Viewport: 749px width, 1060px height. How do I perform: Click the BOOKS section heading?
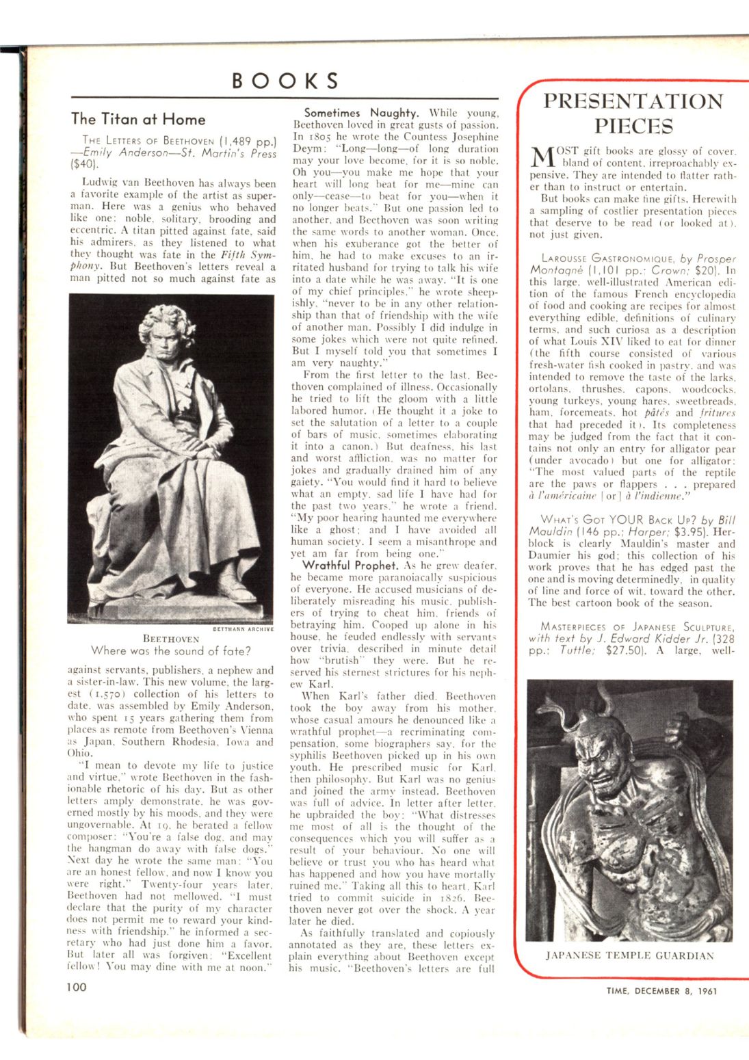pyautogui.click(x=285, y=81)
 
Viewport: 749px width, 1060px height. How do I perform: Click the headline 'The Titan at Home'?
pyautogui.click(x=138, y=119)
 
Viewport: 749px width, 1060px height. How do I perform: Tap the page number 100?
pyautogui.click(x=77, y=986)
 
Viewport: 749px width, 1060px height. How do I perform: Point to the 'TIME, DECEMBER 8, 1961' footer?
pyautogui.click(x=661, y=991)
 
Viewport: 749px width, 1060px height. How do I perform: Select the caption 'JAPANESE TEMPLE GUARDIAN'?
pyautogui.click(x=629, y=955)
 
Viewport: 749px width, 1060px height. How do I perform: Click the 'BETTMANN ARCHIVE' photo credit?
pyautogui.click(x=244, y=629)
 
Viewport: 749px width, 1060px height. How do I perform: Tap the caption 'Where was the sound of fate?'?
pyautogui.click(x=171, y=650)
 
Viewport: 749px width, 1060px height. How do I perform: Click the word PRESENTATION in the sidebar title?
pyautogui.click(x=633, y=101)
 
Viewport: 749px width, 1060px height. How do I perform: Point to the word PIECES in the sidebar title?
pyautogui.click(x=633, y=127)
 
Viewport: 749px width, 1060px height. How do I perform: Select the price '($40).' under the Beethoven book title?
pyautogui.click(x=85, y=165)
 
